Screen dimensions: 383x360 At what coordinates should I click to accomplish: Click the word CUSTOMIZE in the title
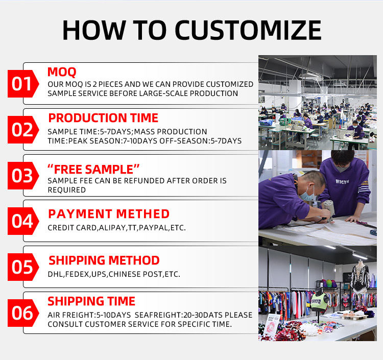point(248,30)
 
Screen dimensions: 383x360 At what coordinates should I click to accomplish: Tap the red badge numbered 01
point(23,84)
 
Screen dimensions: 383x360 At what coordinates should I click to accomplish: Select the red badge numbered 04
point(23,221)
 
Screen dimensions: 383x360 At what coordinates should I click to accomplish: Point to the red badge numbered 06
point(23,313)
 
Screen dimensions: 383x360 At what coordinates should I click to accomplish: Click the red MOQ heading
point(62,72)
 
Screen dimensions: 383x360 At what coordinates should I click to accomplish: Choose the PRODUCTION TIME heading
point(103,118)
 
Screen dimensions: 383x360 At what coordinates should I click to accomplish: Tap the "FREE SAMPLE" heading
point(93,169)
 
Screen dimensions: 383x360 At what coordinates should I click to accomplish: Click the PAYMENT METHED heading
point(109,214)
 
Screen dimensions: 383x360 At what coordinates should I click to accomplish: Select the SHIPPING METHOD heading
point(104,260)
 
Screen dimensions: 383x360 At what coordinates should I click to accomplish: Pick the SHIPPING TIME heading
point(91,301)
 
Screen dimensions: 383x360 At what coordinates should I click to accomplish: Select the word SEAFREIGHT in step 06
point(158,315)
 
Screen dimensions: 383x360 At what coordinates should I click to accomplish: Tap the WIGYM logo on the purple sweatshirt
point(342,181)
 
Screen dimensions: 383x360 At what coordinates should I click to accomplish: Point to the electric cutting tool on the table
point(328,210)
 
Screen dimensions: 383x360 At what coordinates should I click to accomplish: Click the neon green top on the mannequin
point(319,301)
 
